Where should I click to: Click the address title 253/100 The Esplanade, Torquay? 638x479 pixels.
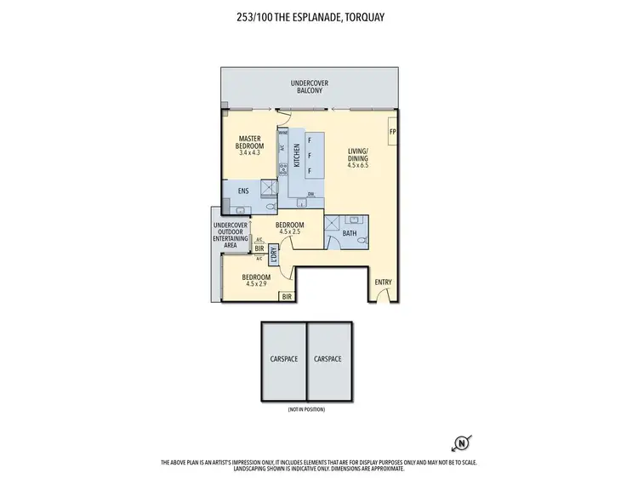(x=318, y=14)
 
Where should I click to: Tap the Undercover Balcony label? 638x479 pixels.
(x=310, y=86)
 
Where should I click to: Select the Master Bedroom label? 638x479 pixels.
(x=250, y=142)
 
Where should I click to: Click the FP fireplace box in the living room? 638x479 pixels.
(x=392, y=133)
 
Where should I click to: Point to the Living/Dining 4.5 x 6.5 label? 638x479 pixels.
(x=359, y=157)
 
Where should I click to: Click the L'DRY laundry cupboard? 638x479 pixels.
(x=274, y=254)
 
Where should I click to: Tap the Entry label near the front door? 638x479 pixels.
(x=384, y=282)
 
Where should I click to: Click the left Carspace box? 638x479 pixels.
(x=283, y=359)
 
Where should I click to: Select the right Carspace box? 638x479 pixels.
(x=328, y=359)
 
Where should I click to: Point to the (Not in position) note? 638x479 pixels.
(x=305, y=409)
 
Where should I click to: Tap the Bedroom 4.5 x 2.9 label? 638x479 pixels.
(x=256, y=279)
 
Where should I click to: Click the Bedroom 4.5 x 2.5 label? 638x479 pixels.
(x=290, y=227)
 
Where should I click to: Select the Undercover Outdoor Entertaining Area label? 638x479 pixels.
(x=231, y=235)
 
